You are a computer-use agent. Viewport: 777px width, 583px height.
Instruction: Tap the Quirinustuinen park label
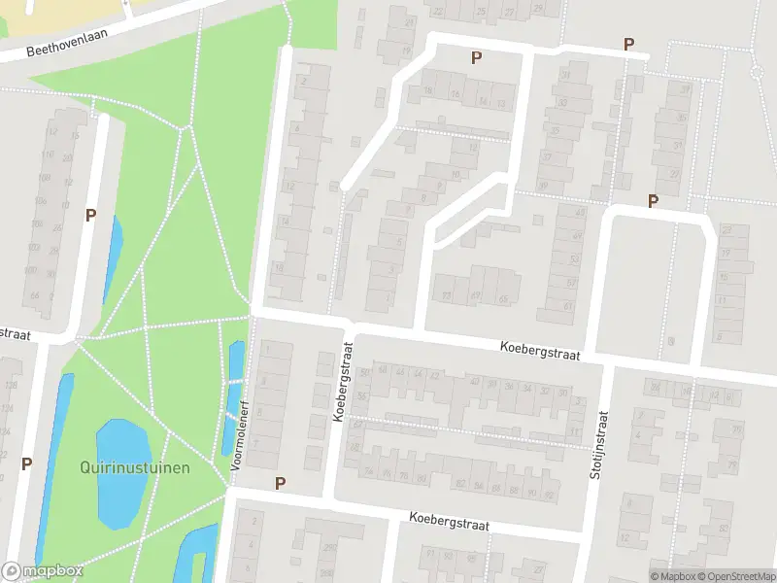(x=135, y=467)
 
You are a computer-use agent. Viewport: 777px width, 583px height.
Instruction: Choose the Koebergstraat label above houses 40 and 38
(x=540, y=351)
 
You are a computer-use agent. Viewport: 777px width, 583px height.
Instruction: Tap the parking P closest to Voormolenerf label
(x=281, y=483)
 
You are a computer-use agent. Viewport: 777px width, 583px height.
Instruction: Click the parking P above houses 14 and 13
(x=476, y=57)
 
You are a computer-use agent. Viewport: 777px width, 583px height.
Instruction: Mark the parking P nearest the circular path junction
(x=628, y=44)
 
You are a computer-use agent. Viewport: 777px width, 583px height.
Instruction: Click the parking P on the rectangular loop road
(x=653, y=201)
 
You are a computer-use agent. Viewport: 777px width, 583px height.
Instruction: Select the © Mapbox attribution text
(x=672, y=576)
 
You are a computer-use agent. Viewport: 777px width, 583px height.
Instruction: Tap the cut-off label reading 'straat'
(x=15, y=333)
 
